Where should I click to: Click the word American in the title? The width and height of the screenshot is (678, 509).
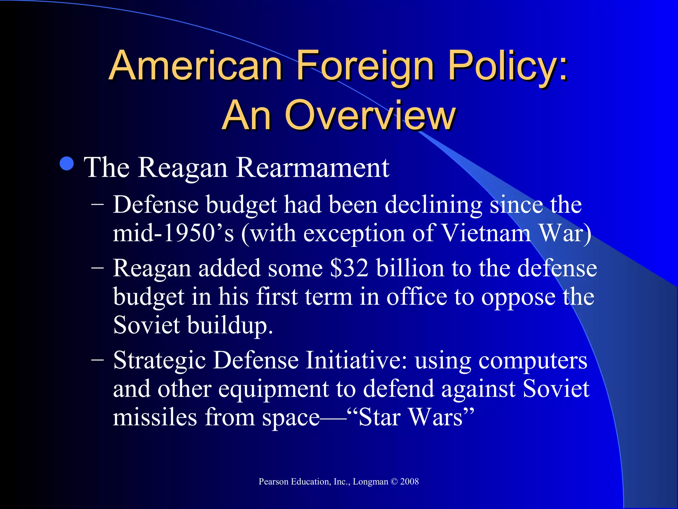[195, 65]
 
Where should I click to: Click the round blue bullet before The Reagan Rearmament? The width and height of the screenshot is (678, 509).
[67, 163]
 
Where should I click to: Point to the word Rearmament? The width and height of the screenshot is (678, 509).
[313, 168]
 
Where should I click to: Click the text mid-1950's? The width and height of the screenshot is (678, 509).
[173, 233]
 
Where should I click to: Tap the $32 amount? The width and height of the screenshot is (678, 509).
[349, 268]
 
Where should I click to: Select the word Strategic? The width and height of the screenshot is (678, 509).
[159, 361]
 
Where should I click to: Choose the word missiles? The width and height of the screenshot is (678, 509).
[155, 417]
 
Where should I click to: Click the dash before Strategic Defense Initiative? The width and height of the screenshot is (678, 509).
[97, 359]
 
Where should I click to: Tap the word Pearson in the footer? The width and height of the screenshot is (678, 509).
[274, 482]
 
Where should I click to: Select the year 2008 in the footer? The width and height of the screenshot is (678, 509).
[410, 482]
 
